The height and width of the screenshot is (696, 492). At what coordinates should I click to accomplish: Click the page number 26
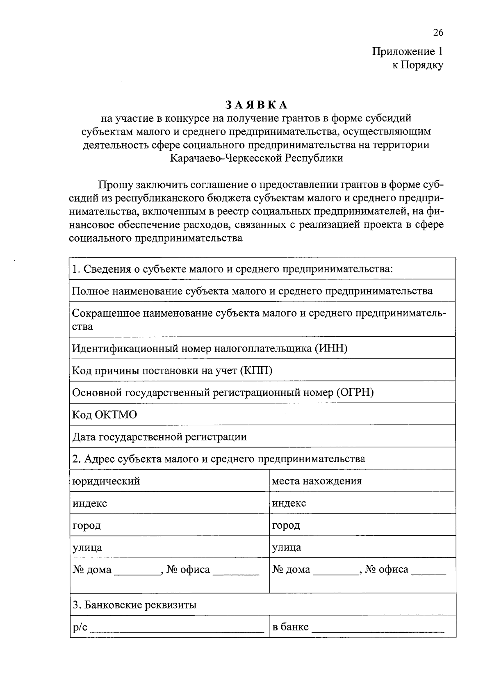point(437,33)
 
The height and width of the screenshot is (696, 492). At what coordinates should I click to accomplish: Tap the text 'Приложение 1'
point(408,51)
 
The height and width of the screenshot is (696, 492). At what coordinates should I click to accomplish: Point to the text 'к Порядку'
point(417,65)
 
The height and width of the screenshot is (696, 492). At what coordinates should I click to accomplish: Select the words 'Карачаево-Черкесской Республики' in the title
point(256,157)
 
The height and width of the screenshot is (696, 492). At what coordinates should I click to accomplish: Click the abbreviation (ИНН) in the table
point(331,349)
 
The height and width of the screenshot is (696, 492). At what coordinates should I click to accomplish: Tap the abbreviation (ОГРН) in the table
point(355,393)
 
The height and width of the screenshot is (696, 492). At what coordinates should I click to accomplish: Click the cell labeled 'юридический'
point(106,481)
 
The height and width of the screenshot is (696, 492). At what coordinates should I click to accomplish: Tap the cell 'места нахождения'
point(317,481)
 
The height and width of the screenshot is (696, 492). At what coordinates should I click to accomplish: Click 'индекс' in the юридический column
point(89,503)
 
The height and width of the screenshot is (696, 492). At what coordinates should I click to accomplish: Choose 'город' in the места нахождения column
point(286,525)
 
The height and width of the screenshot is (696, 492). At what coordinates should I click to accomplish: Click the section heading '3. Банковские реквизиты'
point(134,605)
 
